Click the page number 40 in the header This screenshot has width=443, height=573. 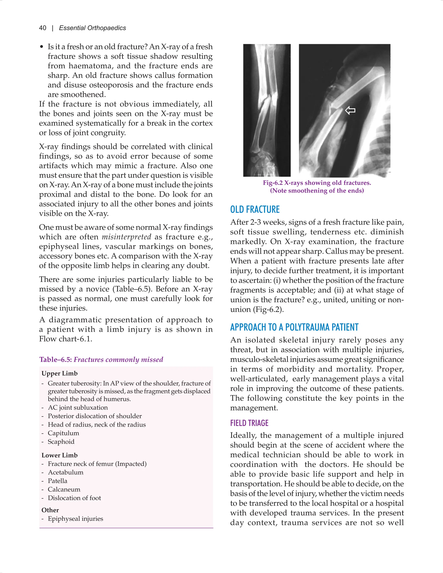tap(43, 28)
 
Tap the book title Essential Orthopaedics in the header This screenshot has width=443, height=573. tap(92, 28)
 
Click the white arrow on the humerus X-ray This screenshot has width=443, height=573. tap(350, 110)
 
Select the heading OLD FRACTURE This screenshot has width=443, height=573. tap(255, 209)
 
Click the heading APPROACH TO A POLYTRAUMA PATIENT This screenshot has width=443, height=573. tap(294, 327)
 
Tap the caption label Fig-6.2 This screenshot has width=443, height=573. tap(273, 183)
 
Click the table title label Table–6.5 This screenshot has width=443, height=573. tap(56, 359)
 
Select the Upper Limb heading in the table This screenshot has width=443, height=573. tap(59, 373)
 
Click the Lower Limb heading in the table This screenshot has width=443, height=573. tap(59, 455)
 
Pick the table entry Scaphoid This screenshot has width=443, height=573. tap(61, 442)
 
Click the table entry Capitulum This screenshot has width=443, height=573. tap(63, 433)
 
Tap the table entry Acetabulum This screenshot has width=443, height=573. tap(65, 472)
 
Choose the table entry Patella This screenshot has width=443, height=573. tap(58, 481)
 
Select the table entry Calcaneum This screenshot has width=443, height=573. tap(64, 489)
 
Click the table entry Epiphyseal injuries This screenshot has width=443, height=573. tap(75, 519)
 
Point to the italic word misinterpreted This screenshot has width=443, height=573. tap(127, 237)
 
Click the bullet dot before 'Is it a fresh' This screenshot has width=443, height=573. tap(42, 47)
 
